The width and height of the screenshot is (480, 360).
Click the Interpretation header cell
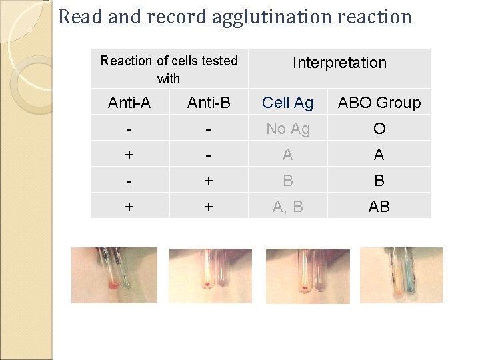pyautogui.click(x=339, y=63)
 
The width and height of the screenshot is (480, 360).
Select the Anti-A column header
pyautogui.click(x=129, y=103)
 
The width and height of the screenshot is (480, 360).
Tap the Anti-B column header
pyautogui.click(x=209, y=103)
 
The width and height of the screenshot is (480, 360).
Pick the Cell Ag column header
pyautogui.click(x=287, y=103)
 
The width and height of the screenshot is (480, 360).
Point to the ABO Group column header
pyautogui.click(x=379, y=103)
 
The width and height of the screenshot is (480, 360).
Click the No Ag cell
pyautogui.click(x=287, y=129)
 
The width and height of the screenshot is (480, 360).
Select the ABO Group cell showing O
pyautogui.click(x=379, y=129)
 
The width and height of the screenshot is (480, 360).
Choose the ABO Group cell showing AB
pyautogui.click(x=379, y=207)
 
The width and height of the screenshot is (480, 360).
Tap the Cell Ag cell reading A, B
pyautogui.click(x=287, y=207)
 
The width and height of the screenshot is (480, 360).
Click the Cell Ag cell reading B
pyautogui.click(x=287, y=181)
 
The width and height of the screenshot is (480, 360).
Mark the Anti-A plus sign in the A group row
pyautogui.click(x=129, y=155)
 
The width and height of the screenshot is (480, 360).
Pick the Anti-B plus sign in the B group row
pyautogui.click(x=209, y=181)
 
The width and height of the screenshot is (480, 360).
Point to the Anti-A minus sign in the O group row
pyautogui.click(x=129, y=129)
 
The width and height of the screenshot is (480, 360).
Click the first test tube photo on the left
pyautogui.click(x=114, y=275)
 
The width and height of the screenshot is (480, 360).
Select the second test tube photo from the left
pyautogui.click(x=210, y=275)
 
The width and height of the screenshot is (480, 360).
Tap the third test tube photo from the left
pyautogui.click(x=307, y=275)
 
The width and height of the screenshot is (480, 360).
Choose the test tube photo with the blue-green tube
pyautogui.click(x=401, y=275)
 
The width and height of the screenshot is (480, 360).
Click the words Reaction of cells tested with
pyautogui.click(x=169, y=69)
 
